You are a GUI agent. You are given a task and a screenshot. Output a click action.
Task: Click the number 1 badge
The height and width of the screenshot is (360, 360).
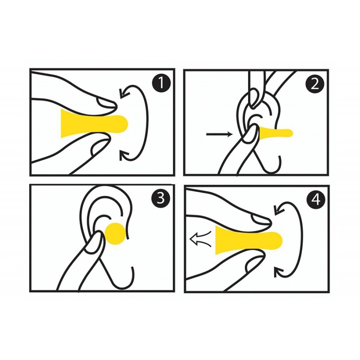[162, 83]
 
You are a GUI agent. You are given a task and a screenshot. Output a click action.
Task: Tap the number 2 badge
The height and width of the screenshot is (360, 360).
[315, 84]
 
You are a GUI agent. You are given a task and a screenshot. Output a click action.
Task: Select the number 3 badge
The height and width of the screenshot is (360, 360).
[161, 198]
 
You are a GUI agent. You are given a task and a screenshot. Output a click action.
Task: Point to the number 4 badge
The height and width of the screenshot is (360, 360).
[316, 199]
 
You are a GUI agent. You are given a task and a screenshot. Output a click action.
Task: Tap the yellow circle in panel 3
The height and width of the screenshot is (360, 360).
[116, 234]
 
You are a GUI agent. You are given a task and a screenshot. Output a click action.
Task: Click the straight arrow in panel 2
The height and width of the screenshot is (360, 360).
[220, 134]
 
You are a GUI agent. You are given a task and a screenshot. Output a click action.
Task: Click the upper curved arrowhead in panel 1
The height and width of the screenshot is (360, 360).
[124, 93]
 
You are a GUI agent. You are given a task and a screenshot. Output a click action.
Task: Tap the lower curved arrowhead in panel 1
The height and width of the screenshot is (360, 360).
[124, 155]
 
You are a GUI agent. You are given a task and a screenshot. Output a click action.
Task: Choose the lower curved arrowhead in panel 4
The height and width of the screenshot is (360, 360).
[279, 272]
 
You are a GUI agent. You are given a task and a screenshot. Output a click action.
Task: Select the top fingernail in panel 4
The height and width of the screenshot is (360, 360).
[261, 220]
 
